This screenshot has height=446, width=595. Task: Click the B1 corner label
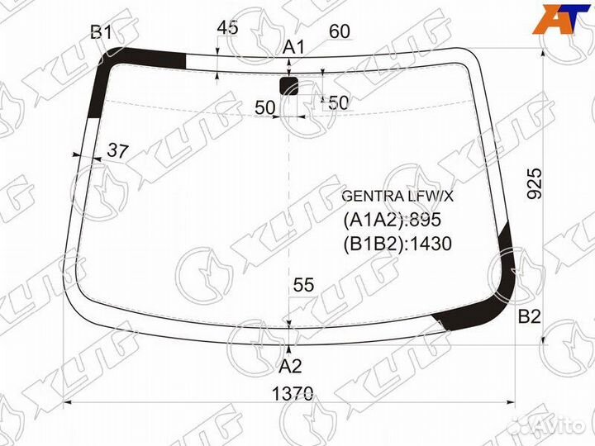[101, 32]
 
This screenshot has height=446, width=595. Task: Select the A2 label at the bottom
[289, 365]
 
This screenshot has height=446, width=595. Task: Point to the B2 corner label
[529, 316]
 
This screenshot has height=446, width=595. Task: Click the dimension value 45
[227, 27]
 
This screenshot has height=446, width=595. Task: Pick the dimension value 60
[340, 31]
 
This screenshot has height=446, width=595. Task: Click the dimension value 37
[118, 151]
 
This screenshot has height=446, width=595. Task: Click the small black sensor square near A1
[289, 85]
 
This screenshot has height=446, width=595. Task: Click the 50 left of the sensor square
[264, 107]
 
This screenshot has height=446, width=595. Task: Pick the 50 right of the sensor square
[338, 103]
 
